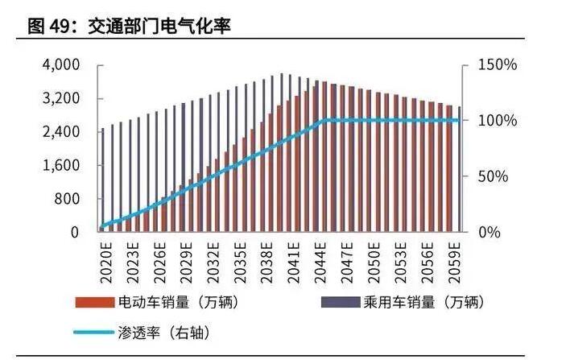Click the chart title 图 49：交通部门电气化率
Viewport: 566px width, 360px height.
pyautogui.click(x=130, y=27)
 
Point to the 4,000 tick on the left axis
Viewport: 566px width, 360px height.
pyautogui.click(x=60, y=64)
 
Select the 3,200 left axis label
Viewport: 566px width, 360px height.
pyautogui.click(x=60, y=98)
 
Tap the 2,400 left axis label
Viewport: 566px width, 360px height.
pyautogui.click(x=60, y=132)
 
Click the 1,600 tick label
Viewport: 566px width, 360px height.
pyautogui.click(x=60, y=166)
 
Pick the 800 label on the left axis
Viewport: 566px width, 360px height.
pyautogui.click(x=68, y=199)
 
